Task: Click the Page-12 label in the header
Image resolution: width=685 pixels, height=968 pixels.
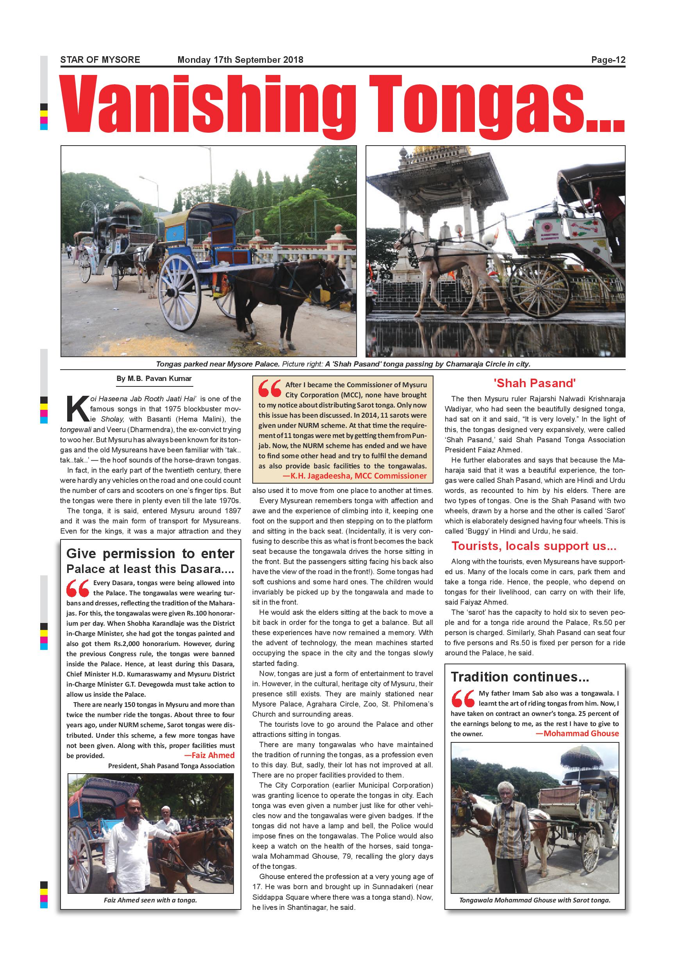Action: [608, 60]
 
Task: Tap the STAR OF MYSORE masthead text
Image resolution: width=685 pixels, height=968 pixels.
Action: [100, 60]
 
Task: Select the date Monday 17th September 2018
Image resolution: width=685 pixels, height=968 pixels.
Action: [240, 60]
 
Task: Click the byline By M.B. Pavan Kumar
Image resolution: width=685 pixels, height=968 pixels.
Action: [154, 379]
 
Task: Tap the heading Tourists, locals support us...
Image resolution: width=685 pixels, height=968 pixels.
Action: [533, 546]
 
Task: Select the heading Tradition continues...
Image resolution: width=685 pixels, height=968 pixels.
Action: [520, 677]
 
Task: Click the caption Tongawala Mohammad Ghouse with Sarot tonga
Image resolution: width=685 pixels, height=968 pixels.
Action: [534, 900]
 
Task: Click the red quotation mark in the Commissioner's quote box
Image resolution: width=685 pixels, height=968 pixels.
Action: [269, 388]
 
